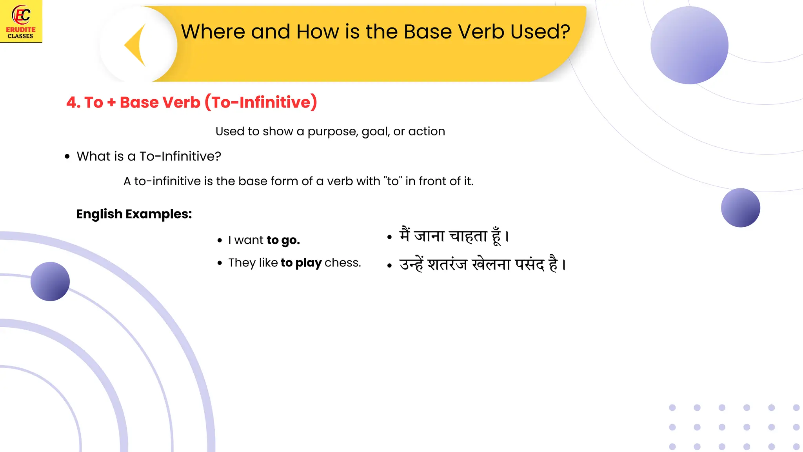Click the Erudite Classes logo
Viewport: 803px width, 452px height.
(x=21, y=21)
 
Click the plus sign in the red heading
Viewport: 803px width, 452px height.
(x=111, y=102)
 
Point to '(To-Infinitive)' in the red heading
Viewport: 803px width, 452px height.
(x=261, y=102)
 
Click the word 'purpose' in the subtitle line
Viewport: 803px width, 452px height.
(x=332, y=132)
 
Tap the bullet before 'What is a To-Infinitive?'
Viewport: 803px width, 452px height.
(x=67, y=157)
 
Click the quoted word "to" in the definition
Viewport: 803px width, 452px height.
(x=393, y=181)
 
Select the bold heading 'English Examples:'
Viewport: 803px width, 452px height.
(x=134, y=214)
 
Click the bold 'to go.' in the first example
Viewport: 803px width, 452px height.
(x=283, y=240)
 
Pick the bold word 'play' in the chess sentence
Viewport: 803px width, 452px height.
(x=308, y=263)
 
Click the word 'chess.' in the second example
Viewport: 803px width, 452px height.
(x=343, y=263)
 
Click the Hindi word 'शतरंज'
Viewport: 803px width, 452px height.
(x=447, y=264)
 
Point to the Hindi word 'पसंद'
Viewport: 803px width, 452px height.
(x=529, y=264)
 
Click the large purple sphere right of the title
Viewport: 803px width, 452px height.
(x=689, y=45)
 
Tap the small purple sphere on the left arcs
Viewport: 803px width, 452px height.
(x=50, y=281)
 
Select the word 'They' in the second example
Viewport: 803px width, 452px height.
(x=242, y=263)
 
